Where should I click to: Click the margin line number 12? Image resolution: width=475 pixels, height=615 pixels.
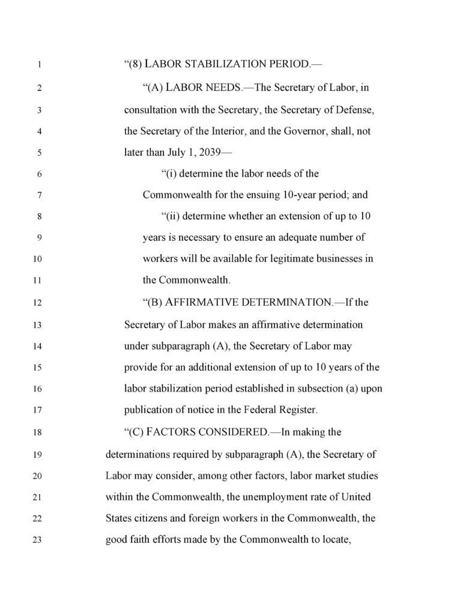pos(38,303)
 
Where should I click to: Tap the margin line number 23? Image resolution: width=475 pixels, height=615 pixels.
pos(38,540)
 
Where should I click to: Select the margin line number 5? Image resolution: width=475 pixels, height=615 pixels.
pos(38,153)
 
